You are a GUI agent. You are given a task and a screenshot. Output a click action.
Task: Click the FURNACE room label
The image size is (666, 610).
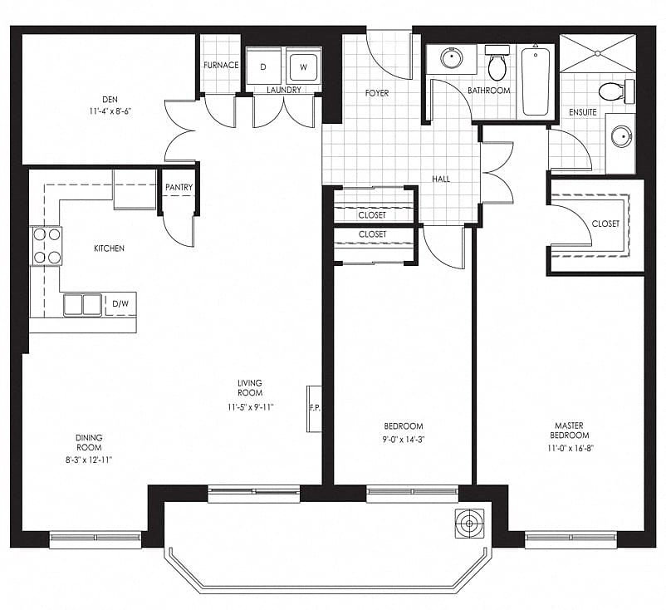pyautogui.click(x=221, y=65)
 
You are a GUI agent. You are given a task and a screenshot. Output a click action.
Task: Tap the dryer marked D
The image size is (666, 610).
pyautogui.click(x=263, y=66)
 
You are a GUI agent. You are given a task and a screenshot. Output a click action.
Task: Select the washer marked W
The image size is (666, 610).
pyautogui.click(x=303, y=66)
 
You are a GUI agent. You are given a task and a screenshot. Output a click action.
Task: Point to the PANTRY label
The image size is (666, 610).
pyautogui.click(x=179, y=187)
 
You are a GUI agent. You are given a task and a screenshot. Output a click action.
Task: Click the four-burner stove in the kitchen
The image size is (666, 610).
pyautogui.click(x=47, y=246)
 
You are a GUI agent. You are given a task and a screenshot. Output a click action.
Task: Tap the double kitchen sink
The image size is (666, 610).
pyautogui.click(x=83, y=305)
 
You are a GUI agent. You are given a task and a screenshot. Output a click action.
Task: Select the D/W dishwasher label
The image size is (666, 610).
pyautogui.click(x=120, y=304)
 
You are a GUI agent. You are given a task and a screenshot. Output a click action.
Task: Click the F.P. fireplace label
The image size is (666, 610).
pyautogui.click(x=315, y=408)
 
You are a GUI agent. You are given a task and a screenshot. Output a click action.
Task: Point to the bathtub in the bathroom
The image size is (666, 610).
pyautogui.click(x=536, y=81)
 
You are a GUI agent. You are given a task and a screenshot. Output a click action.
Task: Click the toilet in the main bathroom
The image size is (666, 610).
pyautogui.click(x=497, y=63)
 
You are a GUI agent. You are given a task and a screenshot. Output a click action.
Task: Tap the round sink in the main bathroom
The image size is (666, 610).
pyautogui.click(x=452, y=58)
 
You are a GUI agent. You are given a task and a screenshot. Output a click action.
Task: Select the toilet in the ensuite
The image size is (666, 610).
pyautogui.click(x=617, y=91)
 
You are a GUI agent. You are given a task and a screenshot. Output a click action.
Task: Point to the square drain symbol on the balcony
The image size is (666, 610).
pyautogui.click(x=469, y=524)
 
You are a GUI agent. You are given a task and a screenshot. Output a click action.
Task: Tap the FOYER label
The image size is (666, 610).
pyautogui.click(x=377, y=93)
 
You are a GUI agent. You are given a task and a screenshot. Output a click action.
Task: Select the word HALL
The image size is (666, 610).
pyautogui.click(x=441, y=179)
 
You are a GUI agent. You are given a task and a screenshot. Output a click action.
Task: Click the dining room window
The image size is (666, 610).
pyautogui.click(x=95, y=539)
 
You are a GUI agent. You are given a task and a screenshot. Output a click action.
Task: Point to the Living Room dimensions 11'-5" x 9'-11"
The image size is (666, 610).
pyautogui.click(x=250, y=407)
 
